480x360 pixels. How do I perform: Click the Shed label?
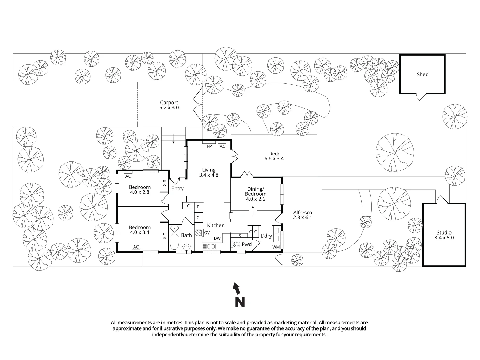coord(422,74)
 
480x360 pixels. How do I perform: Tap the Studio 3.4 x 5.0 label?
coord(444,235)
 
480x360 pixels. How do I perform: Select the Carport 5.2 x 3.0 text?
coord(169,105)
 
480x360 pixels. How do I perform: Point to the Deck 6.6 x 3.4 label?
coord(274,156)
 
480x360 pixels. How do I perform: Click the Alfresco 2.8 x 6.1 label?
coord(302,215)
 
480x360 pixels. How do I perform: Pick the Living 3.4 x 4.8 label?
coord(208,172)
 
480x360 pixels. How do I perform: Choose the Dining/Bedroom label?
coord(255,194)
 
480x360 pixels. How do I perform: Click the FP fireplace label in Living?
coord(209,146)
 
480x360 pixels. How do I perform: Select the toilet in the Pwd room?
coord(237,245)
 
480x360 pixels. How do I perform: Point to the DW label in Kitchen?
coord(217,239)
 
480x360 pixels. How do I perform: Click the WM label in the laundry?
coord(276,247)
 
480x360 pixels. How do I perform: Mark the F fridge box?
coord(198,207)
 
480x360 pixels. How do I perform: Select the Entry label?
coord(178,188)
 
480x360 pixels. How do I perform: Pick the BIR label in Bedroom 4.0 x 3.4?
coord(165,236)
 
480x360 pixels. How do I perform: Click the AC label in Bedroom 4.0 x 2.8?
coord(128,176)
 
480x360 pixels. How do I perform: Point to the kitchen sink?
coord(208,247)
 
